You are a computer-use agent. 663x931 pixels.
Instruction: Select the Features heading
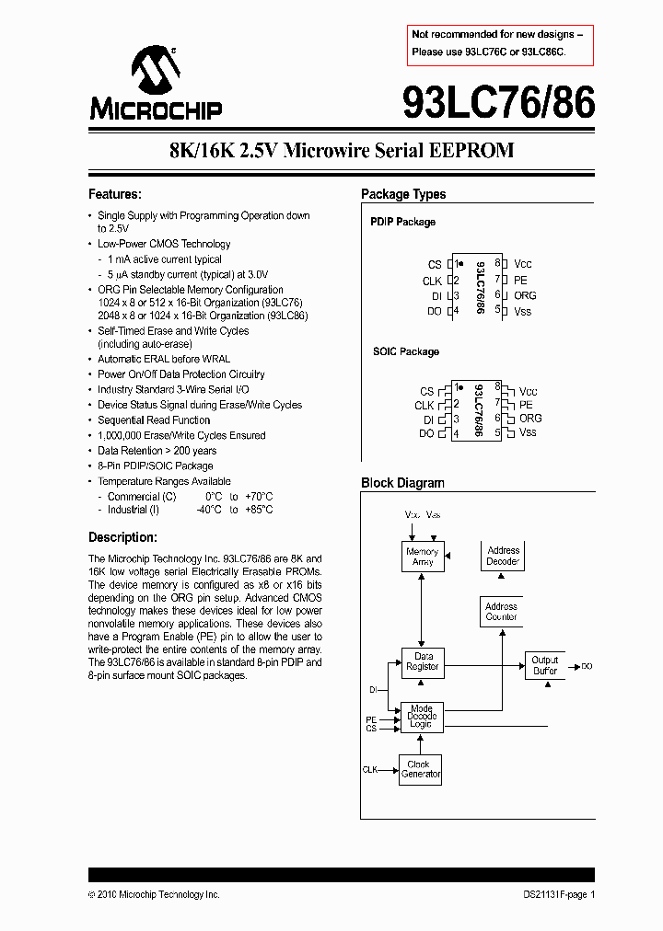click(115, 194)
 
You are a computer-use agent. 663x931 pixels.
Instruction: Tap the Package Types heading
click(403, 194)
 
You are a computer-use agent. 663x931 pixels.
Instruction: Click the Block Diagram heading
click(402, 483)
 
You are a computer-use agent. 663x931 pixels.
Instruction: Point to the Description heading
click(122, 537)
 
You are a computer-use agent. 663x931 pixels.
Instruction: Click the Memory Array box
click(423, 557)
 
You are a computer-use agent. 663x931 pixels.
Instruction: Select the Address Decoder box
click(503, 556)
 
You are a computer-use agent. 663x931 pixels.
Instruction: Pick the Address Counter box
click(501, 612)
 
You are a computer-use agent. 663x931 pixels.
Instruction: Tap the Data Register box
click(423, 661)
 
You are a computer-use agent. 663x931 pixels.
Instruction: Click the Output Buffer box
click(545, 665)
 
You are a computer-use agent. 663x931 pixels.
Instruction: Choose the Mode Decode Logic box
click(421, 717)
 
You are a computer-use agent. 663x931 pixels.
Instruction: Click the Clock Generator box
click(421, 769)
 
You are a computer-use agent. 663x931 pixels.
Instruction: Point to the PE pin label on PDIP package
click(520, 280)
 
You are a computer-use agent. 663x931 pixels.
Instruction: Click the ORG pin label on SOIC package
click(530, 418)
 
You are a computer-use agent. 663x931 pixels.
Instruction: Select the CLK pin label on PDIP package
click(432, 281)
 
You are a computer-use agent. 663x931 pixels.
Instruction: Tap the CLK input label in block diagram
click(370, 768)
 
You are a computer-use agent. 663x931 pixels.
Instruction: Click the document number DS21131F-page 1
click(553, 894)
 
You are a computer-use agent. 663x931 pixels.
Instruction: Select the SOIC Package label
click(405, 351)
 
